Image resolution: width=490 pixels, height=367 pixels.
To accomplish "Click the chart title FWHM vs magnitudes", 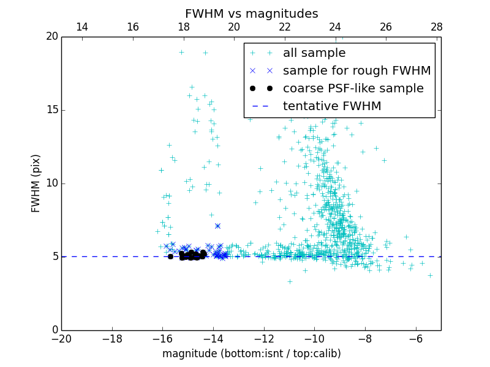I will [x=251, y=13].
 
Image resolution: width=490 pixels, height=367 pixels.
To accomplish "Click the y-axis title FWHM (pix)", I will [x=36, y=183].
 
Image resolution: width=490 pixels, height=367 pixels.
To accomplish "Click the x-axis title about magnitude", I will [x=251, y=354].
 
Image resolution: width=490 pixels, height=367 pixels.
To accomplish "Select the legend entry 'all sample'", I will [x=314, y=53].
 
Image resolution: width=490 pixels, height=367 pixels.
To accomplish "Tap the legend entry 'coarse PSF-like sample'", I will [x=353, y=89].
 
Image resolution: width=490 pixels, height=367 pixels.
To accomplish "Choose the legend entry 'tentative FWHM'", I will [x=332, y=106].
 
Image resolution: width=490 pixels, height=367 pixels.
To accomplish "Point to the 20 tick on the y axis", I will [x=51, y=37].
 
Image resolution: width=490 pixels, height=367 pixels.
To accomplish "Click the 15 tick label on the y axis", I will [x=51, y=110].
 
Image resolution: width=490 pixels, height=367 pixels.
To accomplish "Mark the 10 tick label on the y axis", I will [x=51, y=183].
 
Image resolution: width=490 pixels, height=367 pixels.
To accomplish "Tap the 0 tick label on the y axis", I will [x=55, y=330].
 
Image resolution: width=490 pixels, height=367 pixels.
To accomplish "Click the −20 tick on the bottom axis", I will [x=61, y=339].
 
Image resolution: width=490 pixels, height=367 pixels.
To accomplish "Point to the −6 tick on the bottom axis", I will [x=416, y=339].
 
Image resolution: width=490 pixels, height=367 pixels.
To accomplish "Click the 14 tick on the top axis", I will [x=81, y=27].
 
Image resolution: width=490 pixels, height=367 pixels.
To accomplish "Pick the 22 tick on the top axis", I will [x=284, y=27].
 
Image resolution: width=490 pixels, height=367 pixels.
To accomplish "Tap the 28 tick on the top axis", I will [x=436, y=27].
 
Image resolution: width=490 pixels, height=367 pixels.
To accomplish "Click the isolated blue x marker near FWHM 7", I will [x=217, y=226].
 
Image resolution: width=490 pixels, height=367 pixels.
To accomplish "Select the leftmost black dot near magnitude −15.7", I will [x=170, y=256].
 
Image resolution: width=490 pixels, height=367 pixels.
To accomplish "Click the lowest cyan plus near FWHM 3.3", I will [x=290, y=281].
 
